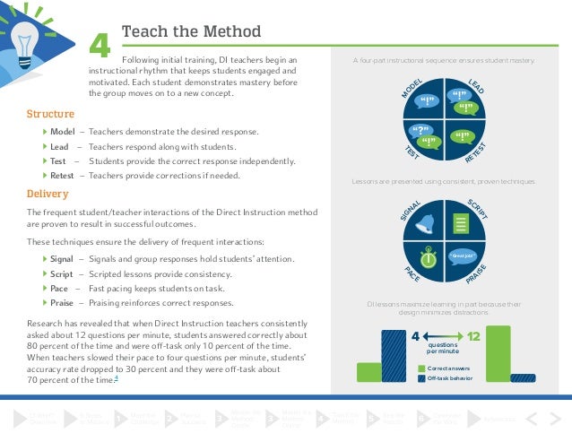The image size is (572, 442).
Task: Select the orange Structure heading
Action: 51,114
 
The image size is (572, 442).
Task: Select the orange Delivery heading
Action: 48,193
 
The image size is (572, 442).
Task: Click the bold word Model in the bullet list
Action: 62,132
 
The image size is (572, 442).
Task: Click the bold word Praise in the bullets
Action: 63,303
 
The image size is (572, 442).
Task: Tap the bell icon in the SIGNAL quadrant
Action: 427,221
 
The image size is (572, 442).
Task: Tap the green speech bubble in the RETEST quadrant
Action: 463,137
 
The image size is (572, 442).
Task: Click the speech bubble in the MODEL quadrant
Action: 428,100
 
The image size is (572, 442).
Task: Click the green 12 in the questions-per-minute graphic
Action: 474,337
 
